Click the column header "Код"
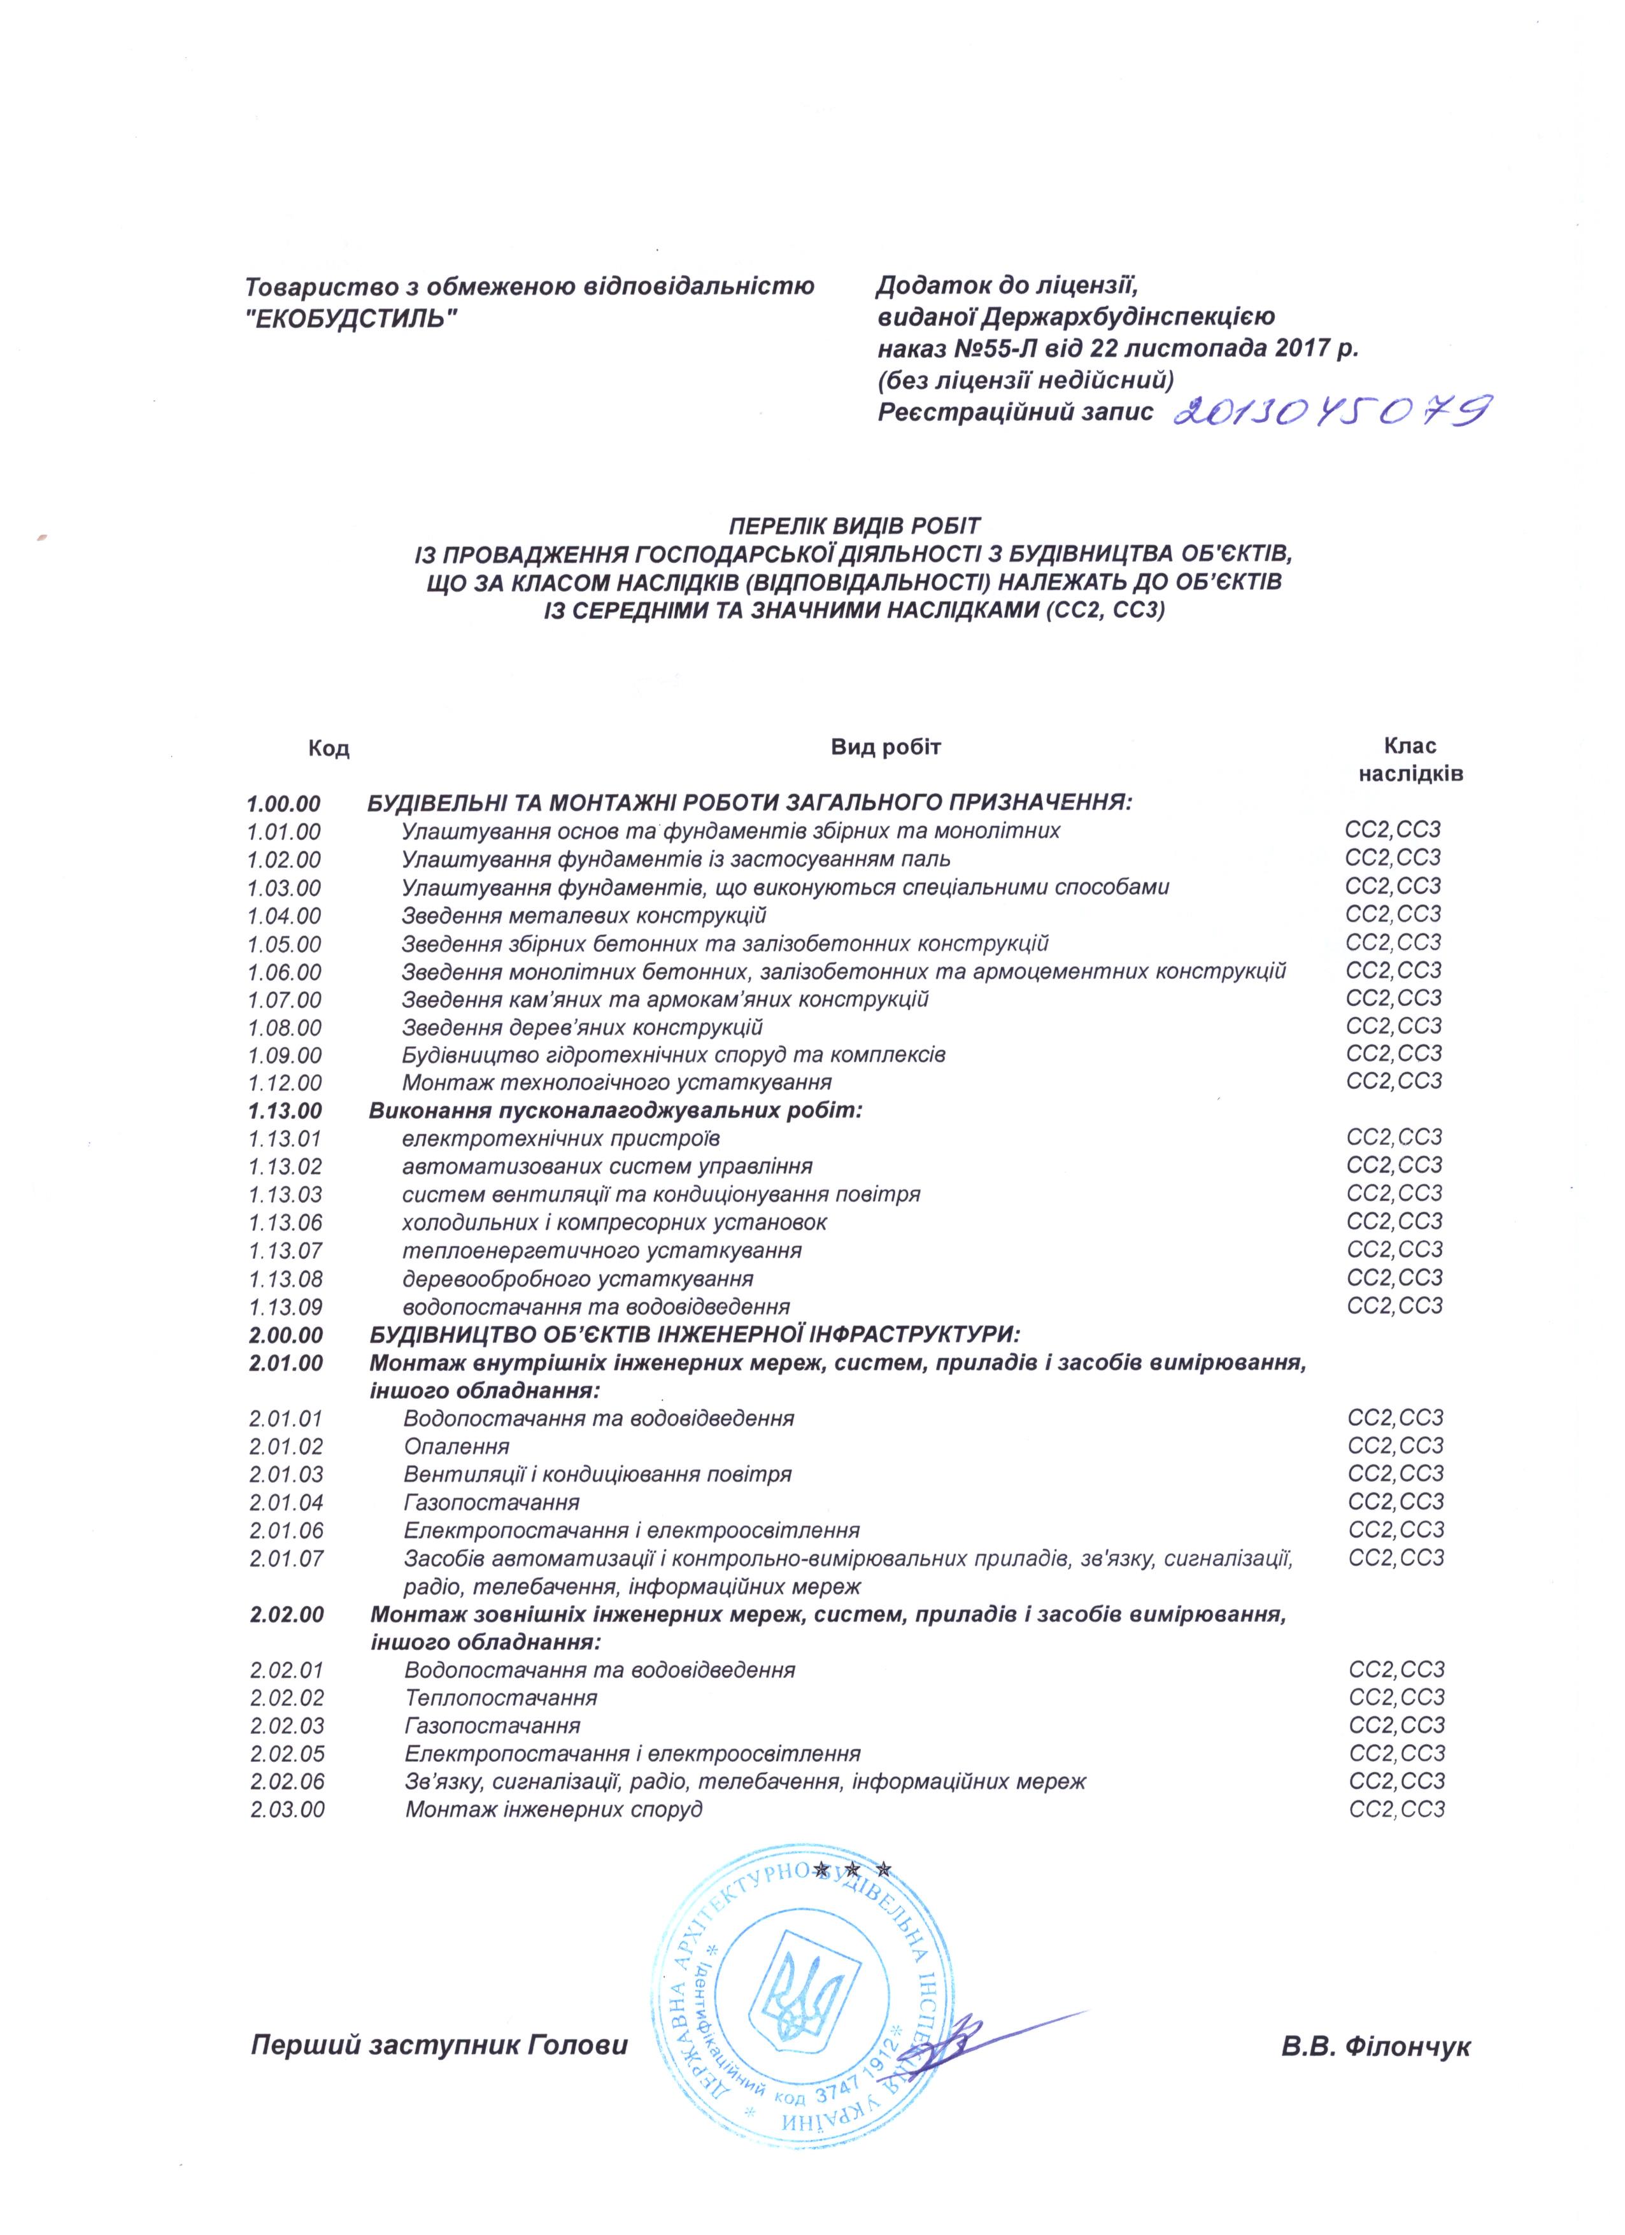click(x=329, y=749)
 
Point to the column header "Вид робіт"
click(x=886, y=746)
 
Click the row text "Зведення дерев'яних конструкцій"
click(x=583, y=1028)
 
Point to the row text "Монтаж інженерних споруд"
click(x=554, y=1809)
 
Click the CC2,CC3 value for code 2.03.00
click(x=1395, y=1809)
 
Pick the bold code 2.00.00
click(x=286, y=1335)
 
